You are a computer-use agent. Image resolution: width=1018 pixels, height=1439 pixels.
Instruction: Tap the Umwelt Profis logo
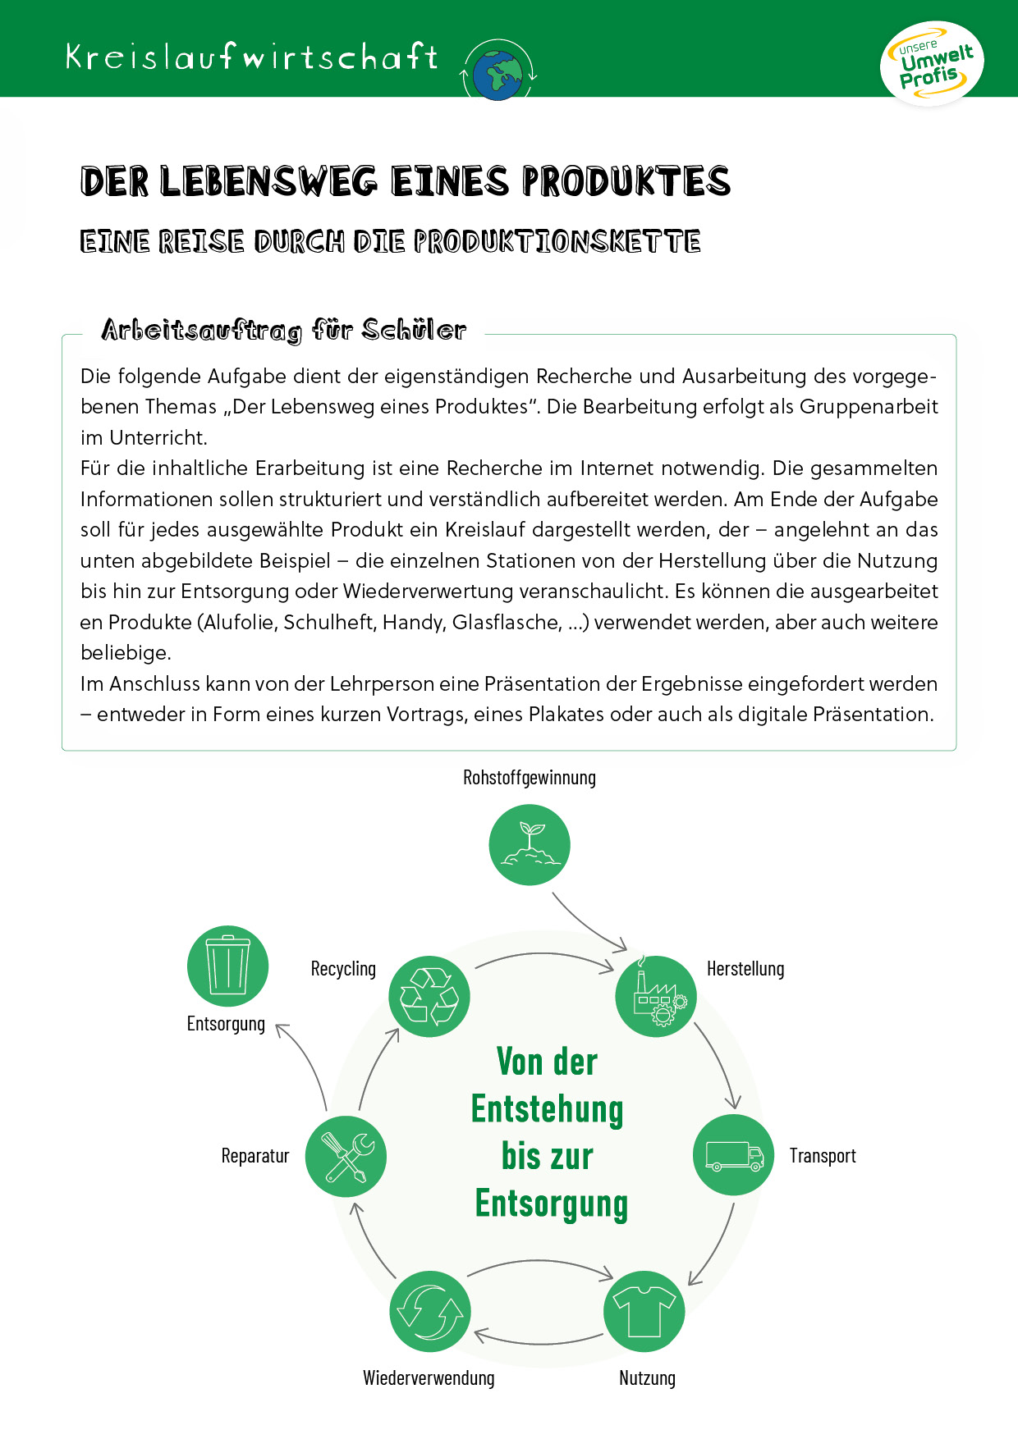click(932, 64)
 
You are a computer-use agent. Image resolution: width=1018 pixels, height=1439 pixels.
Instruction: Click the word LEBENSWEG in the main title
click(268, 181)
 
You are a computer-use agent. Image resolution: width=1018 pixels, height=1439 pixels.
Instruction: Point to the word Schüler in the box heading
click(414, 330)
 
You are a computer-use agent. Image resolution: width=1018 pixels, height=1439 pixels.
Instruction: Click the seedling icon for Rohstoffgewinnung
click(530, 844)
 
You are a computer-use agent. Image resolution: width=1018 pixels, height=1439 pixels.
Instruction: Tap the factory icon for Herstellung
click(656, 996)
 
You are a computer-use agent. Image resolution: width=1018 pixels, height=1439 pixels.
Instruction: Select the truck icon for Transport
click(734, 1154)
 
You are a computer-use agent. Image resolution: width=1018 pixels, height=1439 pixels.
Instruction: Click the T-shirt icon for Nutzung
click(644, 1311)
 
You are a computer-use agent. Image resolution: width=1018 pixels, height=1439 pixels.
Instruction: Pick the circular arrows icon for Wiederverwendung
click(430, 1311)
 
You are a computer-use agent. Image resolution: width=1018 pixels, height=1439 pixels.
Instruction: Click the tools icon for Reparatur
click(346, 1156)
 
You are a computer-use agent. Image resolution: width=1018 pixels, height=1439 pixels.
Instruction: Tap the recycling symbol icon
click(429, 996)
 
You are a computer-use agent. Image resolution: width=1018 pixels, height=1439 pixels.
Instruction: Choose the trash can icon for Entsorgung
click(227, 966)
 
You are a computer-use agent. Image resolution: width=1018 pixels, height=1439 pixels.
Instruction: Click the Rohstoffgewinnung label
click(530, 778)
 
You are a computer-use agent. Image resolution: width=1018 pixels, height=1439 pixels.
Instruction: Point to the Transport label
click(823, 1156)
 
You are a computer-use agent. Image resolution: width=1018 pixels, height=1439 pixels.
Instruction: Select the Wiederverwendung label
click(429, 1378)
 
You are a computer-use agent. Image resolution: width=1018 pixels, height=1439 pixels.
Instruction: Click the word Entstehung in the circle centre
click(548, 1109)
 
